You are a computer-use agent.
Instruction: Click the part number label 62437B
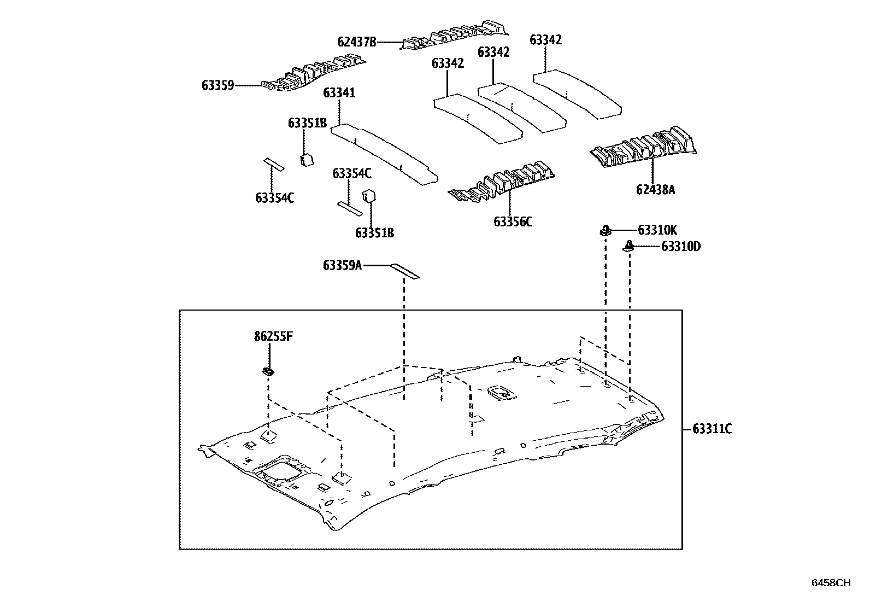(357, 42)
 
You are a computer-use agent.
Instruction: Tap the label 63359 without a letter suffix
(217, 85)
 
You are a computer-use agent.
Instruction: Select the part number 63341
(339, 92)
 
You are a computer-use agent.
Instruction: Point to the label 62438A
(655, 190)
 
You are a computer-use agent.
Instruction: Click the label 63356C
(513, 221)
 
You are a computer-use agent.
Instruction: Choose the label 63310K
(657, 230)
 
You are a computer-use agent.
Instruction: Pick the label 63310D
(680, 247)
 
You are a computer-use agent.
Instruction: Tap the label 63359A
(342, 266)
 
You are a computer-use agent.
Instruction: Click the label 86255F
(273, 336)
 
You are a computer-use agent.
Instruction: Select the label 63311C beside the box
(712, 429)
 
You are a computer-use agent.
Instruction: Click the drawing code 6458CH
(831, 583)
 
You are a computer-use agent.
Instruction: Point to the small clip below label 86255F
(268, 372)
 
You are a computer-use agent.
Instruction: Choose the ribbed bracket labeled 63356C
(503, 183)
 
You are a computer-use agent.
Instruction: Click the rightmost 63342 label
(545, 40)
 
